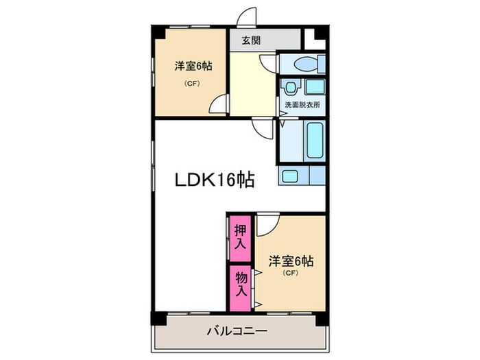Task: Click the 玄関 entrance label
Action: (x=250, y=40)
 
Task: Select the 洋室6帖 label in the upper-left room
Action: (x=193, y=67)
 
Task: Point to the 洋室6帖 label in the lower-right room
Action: (x=291, y=261)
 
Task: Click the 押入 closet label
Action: (x=240, y=236)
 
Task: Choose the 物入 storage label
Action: (x=240, y=283)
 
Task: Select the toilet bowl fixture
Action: (x=304, y=64)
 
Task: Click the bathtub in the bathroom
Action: (x=314, y=140)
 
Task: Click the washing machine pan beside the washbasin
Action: (x=315, y=88)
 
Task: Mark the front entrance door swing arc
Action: (x=245, y=16)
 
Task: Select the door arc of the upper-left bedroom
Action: (x=217, y=104)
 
